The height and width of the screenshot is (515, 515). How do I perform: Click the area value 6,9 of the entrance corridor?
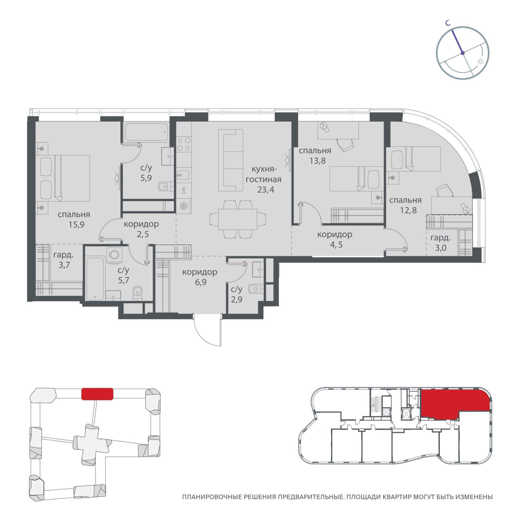pos(199,282)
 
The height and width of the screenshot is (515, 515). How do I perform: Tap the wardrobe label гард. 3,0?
pos(440,243)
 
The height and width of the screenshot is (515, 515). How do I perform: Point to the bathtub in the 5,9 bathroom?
pos(146,133)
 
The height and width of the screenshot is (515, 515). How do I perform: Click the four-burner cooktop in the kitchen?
pos(184,144)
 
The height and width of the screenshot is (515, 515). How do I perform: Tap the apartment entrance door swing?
pos(207,329)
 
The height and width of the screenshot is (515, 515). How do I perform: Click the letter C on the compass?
pos(447,23)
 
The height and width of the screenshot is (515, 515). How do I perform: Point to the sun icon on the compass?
pos(480,62)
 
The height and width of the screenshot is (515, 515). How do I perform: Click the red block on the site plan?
pos(97,394)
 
